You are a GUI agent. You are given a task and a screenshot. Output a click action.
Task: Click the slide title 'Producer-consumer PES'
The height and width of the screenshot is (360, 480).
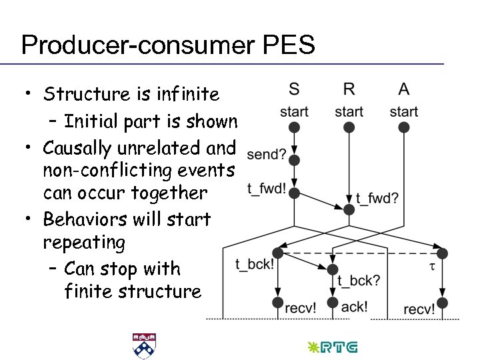(167, 45)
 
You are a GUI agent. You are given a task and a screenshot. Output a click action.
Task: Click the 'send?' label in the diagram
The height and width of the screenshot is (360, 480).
(266, 155)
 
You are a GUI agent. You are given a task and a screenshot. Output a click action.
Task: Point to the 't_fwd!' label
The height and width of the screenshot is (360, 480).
(266, 189)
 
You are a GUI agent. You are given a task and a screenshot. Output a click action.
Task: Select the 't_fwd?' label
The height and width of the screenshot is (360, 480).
(377, 197)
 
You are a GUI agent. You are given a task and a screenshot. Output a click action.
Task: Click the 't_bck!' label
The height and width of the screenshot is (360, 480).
(254, 264)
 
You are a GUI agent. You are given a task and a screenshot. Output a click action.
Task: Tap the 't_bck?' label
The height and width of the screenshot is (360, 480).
(358, 280)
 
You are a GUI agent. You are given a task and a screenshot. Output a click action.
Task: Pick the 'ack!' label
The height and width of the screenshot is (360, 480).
(353, 307)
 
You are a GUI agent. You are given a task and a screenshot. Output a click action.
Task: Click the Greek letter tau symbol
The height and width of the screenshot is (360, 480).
(431, 266)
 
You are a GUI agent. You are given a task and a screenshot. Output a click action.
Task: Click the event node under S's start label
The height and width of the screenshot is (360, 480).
(294, 127)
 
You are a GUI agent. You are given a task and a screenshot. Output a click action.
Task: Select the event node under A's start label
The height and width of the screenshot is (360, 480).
(404, 127)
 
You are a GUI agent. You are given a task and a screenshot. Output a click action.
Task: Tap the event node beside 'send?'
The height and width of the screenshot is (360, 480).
(294, 160)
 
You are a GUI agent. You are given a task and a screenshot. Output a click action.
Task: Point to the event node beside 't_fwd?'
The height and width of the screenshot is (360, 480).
(349, 209)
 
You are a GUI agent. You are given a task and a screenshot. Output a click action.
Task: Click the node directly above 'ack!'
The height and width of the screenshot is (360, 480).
(333, 303)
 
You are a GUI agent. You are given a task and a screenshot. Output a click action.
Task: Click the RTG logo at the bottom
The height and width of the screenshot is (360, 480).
(331, 347)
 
